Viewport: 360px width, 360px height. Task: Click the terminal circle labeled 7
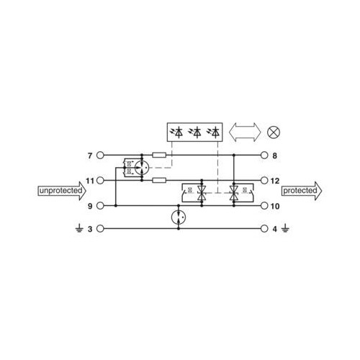100,156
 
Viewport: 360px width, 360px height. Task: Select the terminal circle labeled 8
264,156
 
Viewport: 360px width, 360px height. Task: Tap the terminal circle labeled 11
100,181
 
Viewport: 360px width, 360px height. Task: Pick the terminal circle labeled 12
264,181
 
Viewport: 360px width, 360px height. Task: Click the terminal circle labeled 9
100,206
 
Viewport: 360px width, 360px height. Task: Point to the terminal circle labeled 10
264,206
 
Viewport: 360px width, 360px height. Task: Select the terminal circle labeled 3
100,229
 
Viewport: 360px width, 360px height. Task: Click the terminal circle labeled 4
264,229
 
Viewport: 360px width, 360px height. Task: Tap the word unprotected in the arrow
60,191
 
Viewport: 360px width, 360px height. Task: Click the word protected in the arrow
300,191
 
